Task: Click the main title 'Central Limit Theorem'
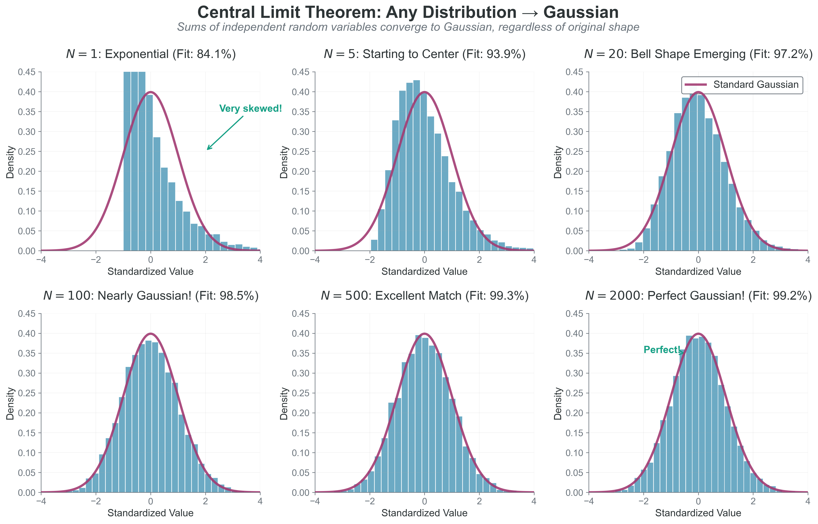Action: [408, 13]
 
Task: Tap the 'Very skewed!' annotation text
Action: [250, 109]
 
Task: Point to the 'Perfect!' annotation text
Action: [662, 350]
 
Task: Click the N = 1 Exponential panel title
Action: [151, 54]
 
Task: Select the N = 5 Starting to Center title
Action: [424, 54]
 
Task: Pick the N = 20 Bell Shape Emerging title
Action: [698, 54]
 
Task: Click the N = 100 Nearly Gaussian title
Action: [151, 296]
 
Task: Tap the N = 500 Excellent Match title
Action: [424, 296]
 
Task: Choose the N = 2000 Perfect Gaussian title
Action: [698, 296]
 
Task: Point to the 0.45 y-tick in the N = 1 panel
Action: [26, 72]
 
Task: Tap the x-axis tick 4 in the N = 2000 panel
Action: [808, 501]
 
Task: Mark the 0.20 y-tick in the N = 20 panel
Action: [574, 172]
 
